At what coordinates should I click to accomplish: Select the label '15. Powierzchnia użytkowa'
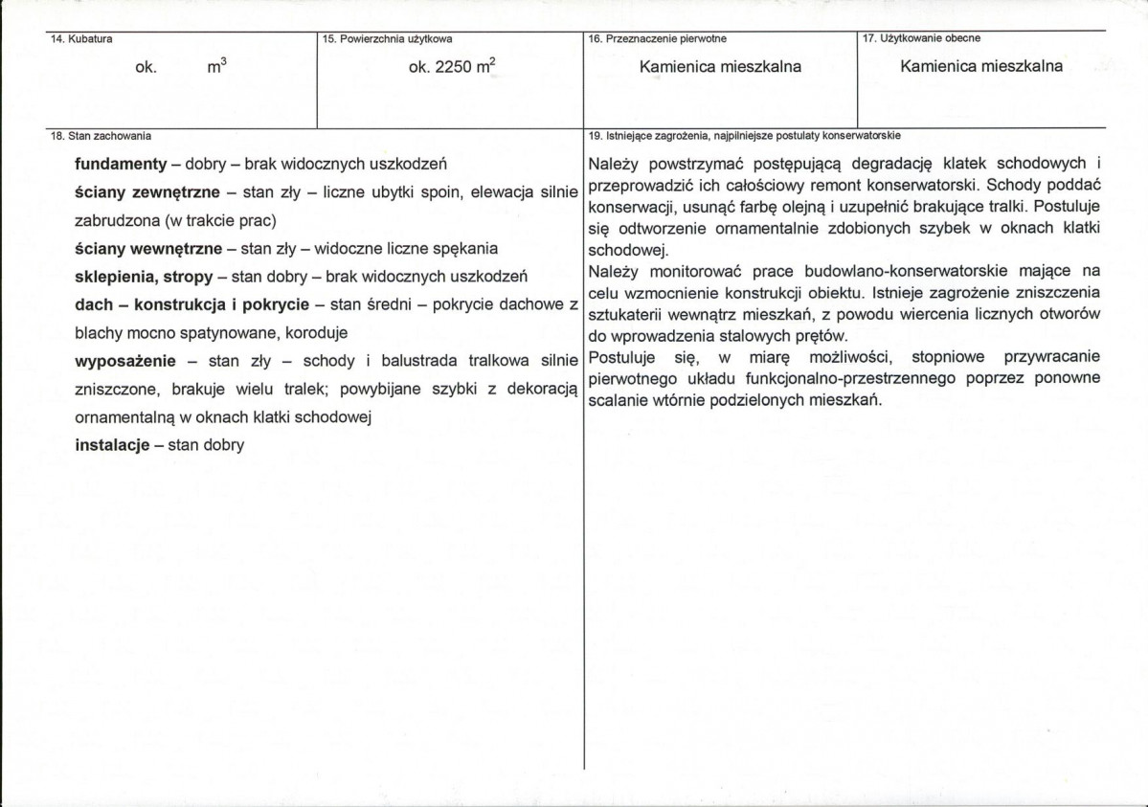point(388,39)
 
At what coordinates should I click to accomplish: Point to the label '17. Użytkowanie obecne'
point(921,38)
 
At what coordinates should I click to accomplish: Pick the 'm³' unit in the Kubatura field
point(216,67)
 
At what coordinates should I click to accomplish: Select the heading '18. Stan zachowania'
point(100,136)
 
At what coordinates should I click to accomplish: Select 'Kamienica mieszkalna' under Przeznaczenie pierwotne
point(720,67)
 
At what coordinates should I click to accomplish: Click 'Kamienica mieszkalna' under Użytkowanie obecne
point(981,67)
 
